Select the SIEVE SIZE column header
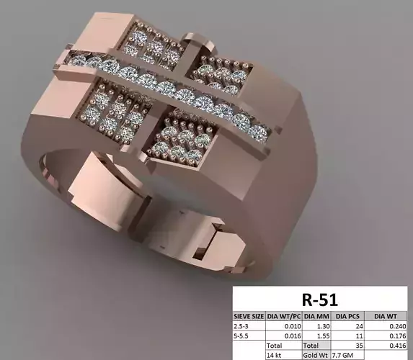[249, 315]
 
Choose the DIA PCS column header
[348, 315]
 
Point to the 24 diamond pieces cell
[358, 325]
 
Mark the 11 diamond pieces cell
[358, 336]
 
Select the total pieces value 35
[358, 346]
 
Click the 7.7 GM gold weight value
[343, 355]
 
